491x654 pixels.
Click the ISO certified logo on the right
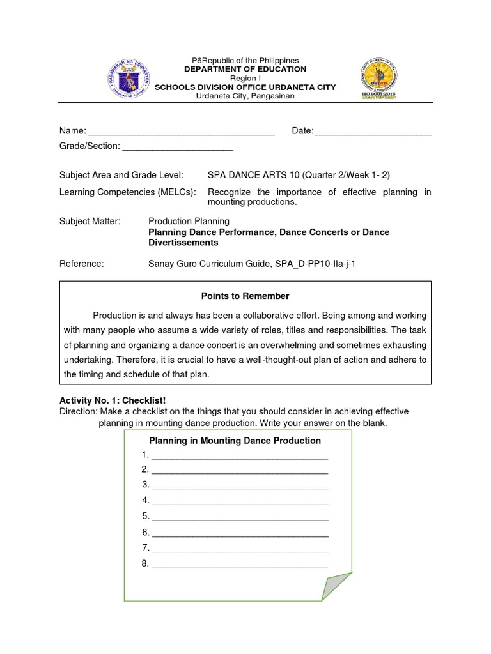(382, 80)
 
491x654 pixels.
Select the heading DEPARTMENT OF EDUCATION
(245, 69)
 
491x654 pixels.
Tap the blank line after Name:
(180, 132)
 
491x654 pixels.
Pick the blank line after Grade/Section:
(178, 146)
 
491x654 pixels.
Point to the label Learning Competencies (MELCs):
(128, 192)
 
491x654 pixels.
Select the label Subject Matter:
(90, 221)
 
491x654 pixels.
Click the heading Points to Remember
(245, 296)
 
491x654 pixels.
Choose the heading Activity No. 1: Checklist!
(113, 400)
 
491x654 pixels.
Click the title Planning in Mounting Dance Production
(235, 441)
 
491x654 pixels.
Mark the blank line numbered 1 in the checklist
(240, 455)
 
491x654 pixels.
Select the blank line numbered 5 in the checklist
(240, 517)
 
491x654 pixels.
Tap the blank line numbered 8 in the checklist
(240, 564)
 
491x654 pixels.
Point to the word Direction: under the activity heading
(77, 411)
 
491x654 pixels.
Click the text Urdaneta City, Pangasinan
(245, 96)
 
